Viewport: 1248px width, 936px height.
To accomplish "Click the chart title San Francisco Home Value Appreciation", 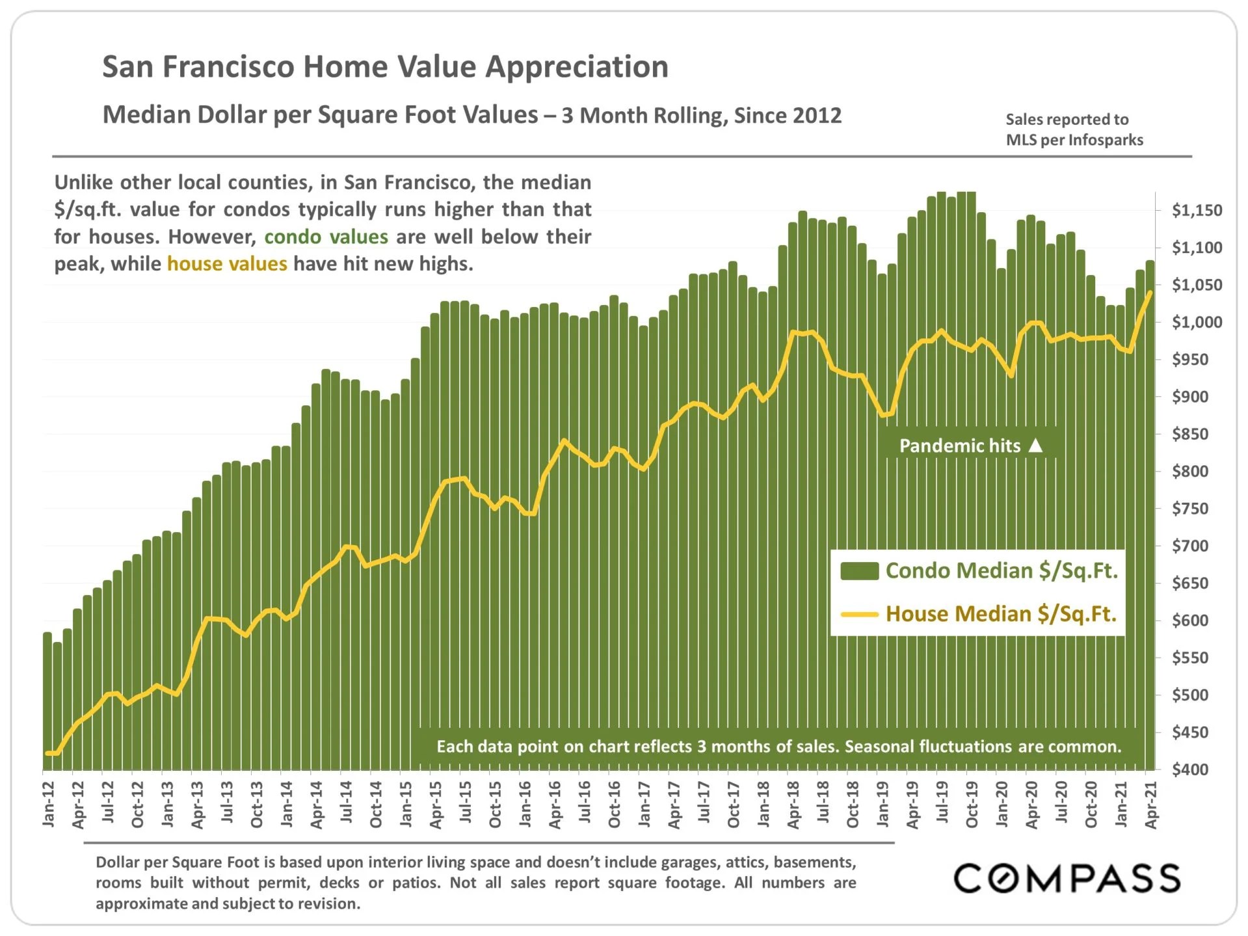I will pos(385,67).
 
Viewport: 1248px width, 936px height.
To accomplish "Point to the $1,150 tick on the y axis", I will pos(1197,210).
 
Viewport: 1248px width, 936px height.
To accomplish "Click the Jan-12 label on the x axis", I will pos(49,805).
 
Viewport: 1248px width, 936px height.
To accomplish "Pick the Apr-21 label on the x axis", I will pos(1151,805).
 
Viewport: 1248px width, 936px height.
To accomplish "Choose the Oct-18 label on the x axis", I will pos(853,805).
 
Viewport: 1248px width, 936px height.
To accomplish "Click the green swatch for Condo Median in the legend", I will pos(859,571).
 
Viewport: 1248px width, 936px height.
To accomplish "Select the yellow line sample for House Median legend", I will pos(859,614).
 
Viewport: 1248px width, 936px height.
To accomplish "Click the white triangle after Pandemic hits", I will pos(1036,446).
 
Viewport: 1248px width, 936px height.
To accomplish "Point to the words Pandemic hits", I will pos(959,446).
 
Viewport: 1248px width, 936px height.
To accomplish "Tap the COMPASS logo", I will pos(1067,878).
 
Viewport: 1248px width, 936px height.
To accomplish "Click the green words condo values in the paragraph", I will pos(326,237).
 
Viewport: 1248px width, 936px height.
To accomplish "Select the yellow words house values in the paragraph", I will pos(226,264).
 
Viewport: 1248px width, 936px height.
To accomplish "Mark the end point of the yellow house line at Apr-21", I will pos(1150,293).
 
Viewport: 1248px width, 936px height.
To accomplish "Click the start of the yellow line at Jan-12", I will pos(47,753).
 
